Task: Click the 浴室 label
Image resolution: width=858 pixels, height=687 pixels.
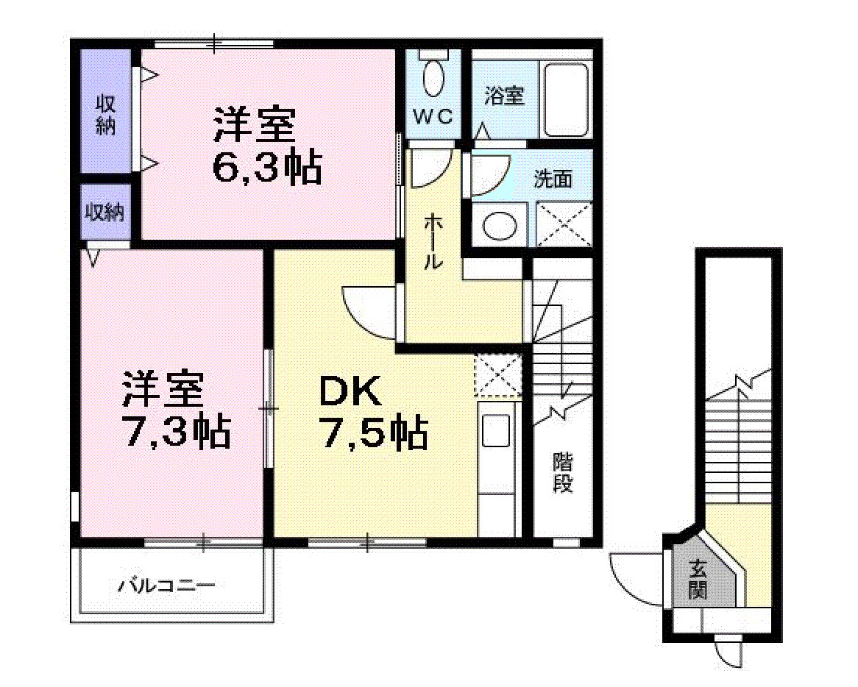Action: click(505, 96)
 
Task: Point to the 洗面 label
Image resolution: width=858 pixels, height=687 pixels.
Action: click(553, 179)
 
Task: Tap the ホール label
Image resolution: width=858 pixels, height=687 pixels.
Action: click(433, 241)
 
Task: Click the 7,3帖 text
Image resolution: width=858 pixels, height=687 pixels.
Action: click(176, 432)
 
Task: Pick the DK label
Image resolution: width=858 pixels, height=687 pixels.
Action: click(350, 392)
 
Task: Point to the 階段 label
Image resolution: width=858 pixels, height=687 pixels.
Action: click(563, 473)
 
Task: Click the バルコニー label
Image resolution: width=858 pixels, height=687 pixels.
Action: click(167, 586)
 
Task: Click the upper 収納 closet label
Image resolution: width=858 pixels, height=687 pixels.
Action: click(106, 115)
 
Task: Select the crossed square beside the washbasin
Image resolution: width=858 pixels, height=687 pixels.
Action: click(564, 224)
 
